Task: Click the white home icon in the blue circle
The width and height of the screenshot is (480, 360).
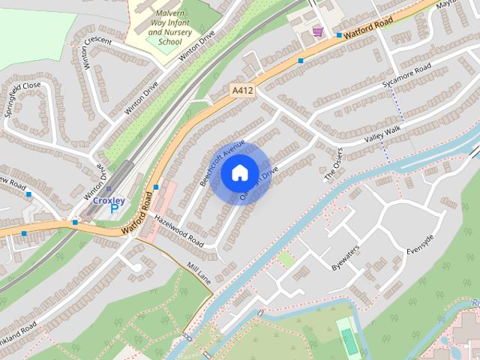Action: (239, 172)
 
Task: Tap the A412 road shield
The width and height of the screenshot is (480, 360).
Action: (239, 90)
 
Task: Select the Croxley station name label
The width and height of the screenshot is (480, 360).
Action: (108, 200)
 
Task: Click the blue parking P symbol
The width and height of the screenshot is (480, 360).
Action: (114, 209)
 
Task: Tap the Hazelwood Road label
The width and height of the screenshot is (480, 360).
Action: (178, 229)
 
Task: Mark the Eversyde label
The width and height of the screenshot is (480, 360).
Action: (420, 244)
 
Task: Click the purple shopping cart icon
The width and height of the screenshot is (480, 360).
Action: (318, 31)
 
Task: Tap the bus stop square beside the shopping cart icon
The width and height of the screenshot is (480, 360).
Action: (339, 35)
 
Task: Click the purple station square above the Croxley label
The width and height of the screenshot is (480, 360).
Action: (108, 189)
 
